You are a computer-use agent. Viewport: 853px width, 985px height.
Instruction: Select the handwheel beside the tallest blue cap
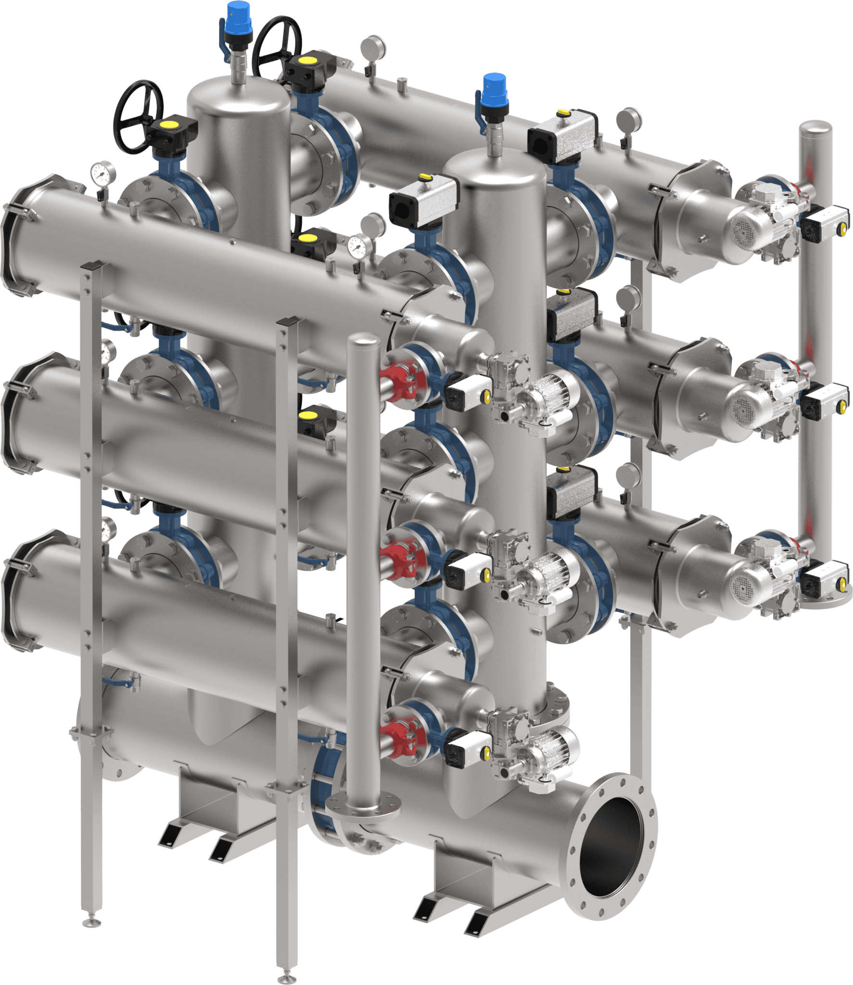click(x=277, y=46)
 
